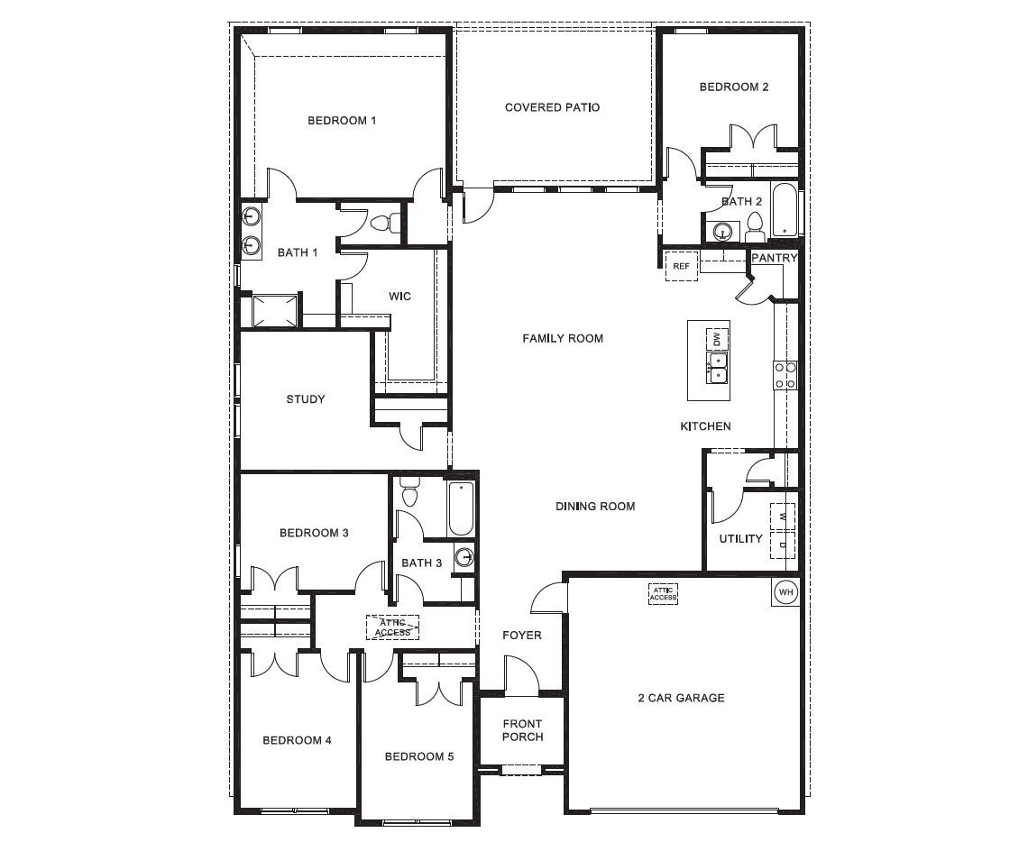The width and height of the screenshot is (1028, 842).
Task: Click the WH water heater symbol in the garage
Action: [785, 592]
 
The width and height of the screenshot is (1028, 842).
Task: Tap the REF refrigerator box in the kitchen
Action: [681, 266]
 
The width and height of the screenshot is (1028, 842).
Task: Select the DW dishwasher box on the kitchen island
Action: [717, 340]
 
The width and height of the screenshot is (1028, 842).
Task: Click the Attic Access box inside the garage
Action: [663, 593]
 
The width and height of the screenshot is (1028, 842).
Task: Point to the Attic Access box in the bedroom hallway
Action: [392, 627]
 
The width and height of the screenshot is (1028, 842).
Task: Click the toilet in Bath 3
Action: [409, 492]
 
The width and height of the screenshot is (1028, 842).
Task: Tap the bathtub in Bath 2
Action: [785, 209]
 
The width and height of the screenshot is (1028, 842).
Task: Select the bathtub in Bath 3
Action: [460, 509]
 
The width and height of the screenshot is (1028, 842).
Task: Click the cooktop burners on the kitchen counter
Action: [785, 375]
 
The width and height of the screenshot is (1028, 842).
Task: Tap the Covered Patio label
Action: [552, 107]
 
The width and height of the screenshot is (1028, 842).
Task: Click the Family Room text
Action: [563, 338]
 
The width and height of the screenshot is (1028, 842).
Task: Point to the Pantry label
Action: [774, 258]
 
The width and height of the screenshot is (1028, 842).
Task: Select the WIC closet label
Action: [399, 296]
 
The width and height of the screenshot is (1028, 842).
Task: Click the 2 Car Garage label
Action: [681, 697]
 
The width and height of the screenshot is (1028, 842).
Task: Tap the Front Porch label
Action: [522, 730]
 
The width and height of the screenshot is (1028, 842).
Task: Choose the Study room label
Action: [306, 399]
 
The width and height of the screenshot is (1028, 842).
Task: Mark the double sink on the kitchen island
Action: [717, 368]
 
